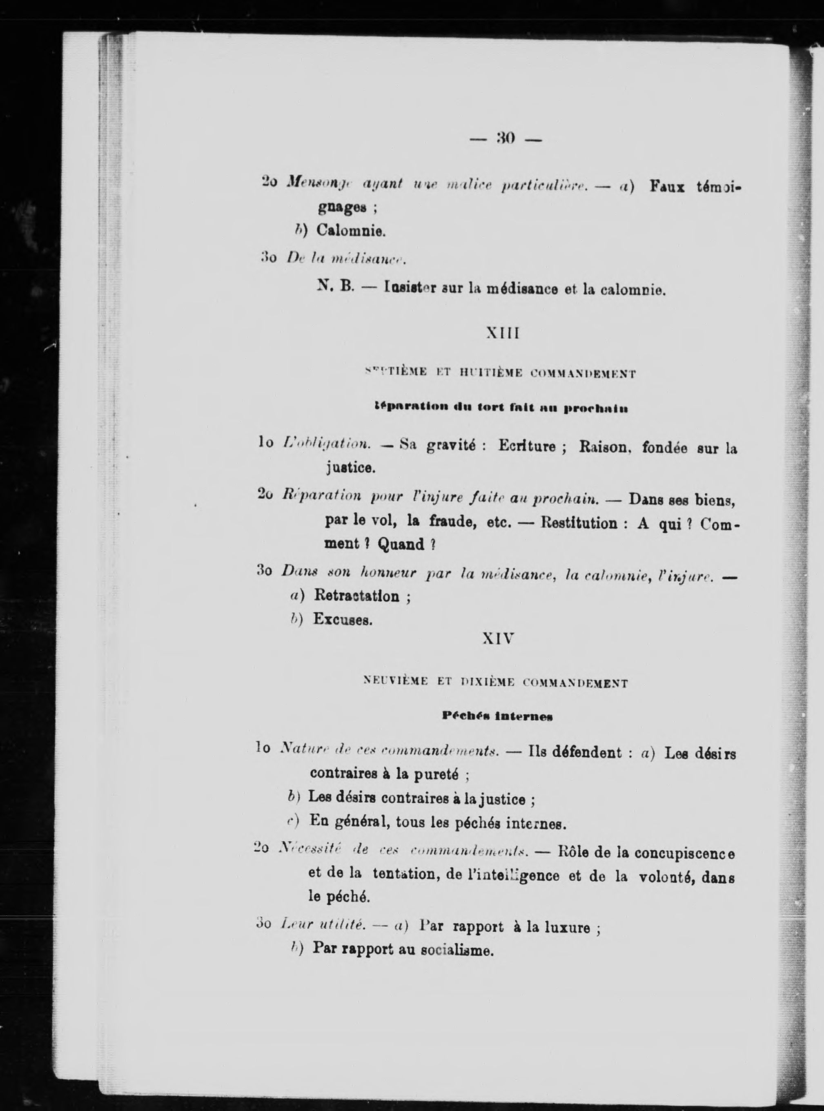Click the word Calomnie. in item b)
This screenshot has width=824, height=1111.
(x=350, y=232)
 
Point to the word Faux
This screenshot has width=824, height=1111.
(x=667, y=187)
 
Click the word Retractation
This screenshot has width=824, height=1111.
(x=356, y=596)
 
